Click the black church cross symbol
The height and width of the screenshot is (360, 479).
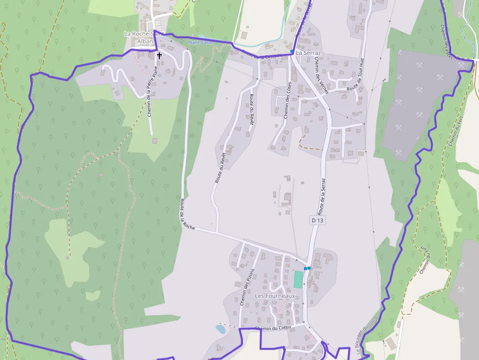(x=159, y=56)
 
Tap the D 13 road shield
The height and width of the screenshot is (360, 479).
(x=317, y=220)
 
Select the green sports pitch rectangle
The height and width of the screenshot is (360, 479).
(x=298, y=279)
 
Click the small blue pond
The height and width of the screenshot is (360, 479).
(x=221, y=329)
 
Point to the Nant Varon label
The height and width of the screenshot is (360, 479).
(x=201, y=42)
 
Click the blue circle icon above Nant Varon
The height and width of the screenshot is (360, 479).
(x=201, y=37)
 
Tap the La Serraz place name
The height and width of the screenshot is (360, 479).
(x=308, y=52)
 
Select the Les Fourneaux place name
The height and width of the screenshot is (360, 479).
(x=275, y=296)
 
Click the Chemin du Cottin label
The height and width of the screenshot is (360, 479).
(x=273, y=328)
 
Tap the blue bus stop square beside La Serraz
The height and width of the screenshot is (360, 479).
(x=292, y=51)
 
